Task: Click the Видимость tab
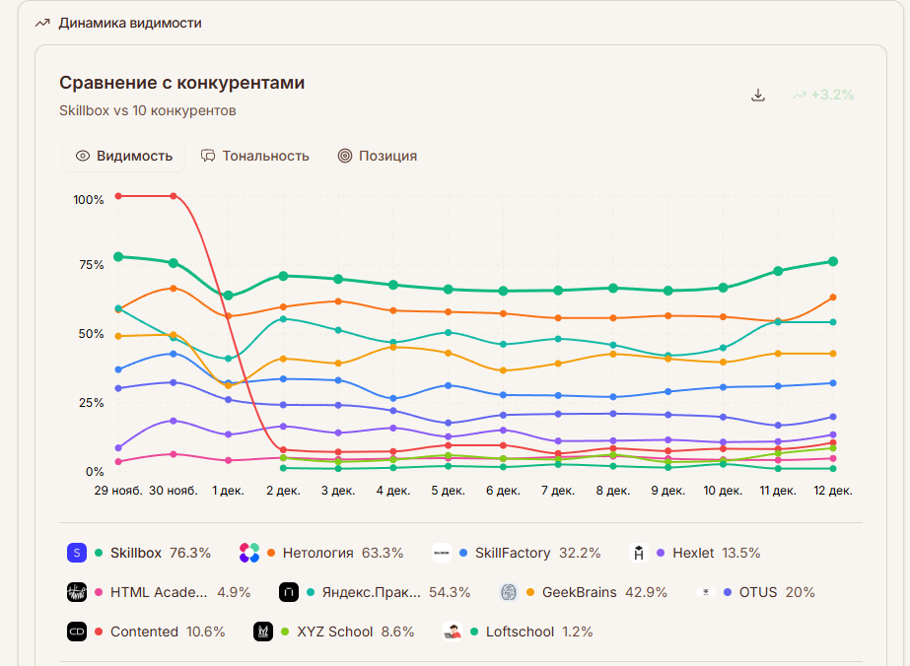124,156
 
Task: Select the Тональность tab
255,156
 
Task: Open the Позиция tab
378,156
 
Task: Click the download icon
758,95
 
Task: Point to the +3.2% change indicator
823,95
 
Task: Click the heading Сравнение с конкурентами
181,83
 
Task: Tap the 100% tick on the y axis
89,200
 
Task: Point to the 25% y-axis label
91,403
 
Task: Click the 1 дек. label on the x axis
228,490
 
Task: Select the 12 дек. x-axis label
833,490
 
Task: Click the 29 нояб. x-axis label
118,490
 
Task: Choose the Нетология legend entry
317,553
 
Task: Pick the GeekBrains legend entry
579,592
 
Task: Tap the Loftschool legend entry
520,632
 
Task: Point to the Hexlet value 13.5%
741,553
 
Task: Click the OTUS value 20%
802,592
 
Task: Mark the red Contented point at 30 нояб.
174,196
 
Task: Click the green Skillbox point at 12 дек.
833,261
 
